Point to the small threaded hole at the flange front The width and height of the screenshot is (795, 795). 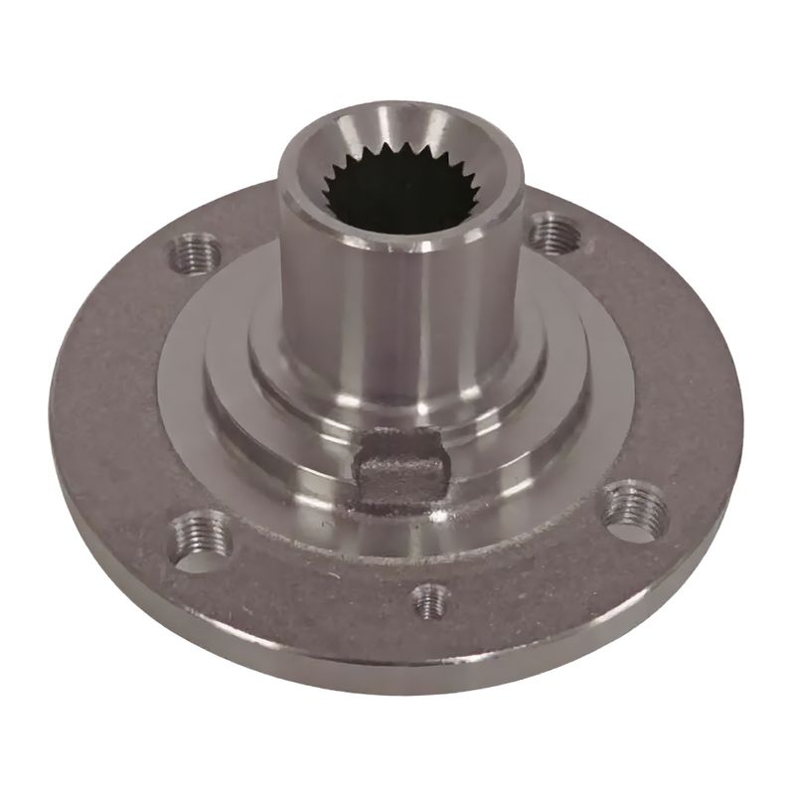tap(430, 599)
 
